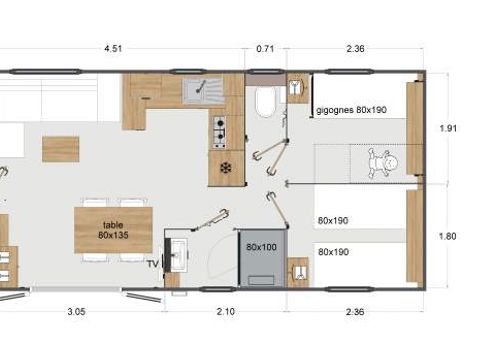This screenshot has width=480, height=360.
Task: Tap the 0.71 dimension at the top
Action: tap(265, 46)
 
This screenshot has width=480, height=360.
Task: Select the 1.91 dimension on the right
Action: tap(449, 128)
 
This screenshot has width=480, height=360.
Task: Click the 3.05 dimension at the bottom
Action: tap(75, 311)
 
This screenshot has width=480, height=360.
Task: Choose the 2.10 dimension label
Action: tap(226, 311)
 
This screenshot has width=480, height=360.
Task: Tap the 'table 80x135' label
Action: tap(113, 229)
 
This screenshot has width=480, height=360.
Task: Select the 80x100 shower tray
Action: tap(261, 255)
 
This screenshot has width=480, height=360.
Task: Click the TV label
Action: tap(153, 263)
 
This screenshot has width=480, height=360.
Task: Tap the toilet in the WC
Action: tap(266, 101)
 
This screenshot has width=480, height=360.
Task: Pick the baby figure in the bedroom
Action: tap(380, 162)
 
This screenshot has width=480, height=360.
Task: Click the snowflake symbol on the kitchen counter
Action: tap(226, 166)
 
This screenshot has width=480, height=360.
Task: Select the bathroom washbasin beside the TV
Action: tap(177, 254)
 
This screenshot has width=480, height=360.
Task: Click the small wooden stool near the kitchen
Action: tap(61, 149)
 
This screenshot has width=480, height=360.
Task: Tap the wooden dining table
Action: tap(113, 229)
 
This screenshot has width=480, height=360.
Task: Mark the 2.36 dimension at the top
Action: tap(355, 46)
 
